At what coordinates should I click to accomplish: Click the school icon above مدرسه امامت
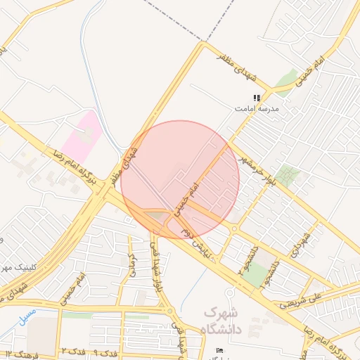[257, 98]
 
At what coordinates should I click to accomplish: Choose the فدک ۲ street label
[73, 349]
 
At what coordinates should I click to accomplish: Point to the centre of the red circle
[180, 179]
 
